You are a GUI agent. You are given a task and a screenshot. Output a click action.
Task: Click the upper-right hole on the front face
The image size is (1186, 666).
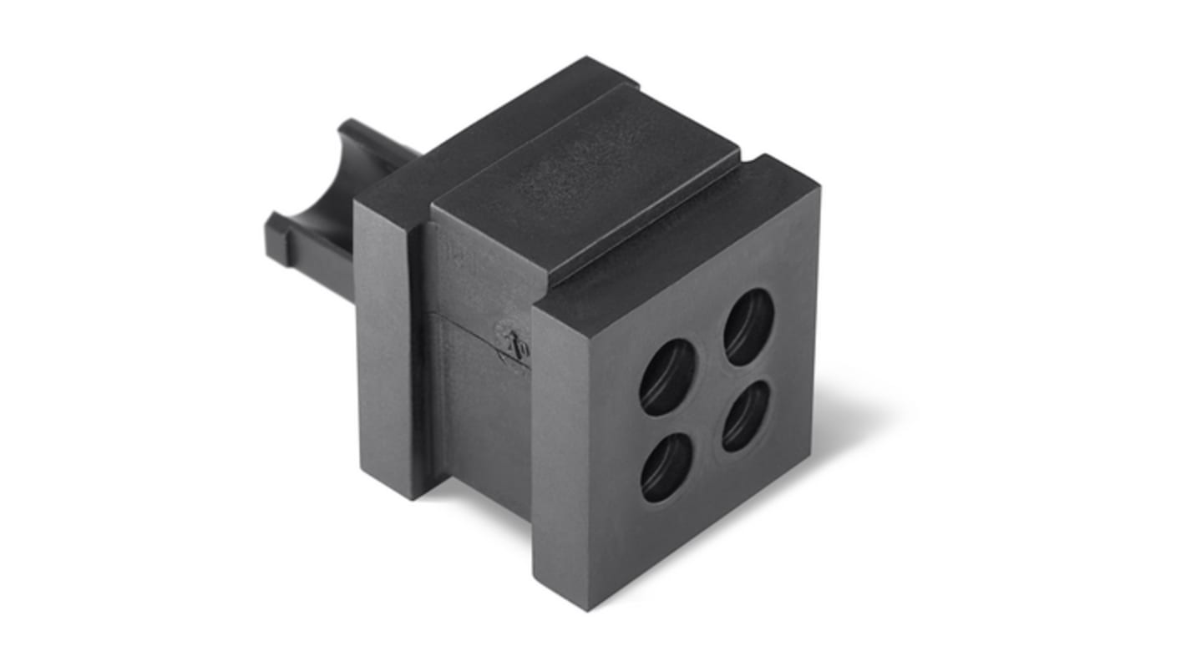point(748,326)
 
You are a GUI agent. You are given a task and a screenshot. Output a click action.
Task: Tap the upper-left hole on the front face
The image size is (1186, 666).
point(667,376)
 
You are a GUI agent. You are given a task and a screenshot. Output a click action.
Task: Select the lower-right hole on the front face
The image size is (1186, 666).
point(746,416)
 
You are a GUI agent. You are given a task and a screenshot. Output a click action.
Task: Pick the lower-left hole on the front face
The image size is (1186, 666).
point(666,467)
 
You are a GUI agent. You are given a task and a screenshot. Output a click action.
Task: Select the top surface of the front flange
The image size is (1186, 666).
point(677,242)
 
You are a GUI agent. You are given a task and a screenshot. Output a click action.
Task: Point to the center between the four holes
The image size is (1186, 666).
point(707,396)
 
